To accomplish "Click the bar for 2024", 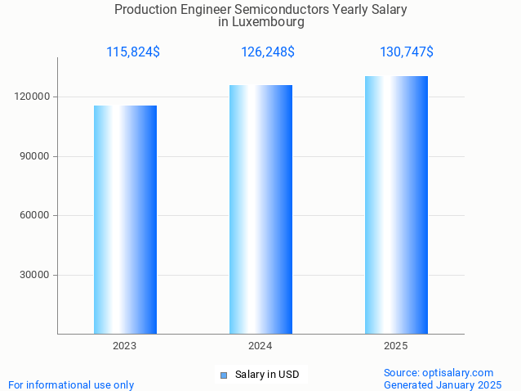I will click(x=260, y=209).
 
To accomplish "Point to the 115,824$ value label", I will click(x=133, y=52).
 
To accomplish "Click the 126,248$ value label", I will click(x=268, y=52).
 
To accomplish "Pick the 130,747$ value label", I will click(x=407, y=52).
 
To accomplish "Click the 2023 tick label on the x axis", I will click(x=125, y=346).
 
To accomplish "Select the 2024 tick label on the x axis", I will click(x=260, y=346).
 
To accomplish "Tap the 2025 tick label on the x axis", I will click(x=396, y=346).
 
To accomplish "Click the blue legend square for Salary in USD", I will click(x=223, y=375).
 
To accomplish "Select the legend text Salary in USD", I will click(x=267, y=375).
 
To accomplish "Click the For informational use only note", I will click(x=71, y=384).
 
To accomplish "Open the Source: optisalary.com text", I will click(x=439, y=372).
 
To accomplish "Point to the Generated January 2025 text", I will click(x=443, y=384).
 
